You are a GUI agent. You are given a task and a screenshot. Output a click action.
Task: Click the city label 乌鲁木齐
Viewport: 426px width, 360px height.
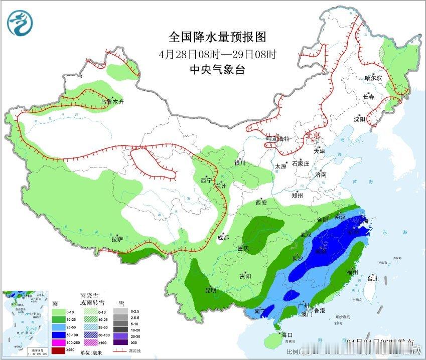(x=111, y=101)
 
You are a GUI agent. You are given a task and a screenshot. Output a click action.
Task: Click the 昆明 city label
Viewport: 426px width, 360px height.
(x=210, y=290)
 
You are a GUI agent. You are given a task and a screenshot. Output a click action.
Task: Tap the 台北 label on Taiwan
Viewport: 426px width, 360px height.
(x=372, y=279)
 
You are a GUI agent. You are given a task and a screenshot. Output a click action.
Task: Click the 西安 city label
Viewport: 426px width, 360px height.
(x=261, y=203)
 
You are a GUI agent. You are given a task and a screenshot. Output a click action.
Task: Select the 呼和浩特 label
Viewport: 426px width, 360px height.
(x=278, y=139)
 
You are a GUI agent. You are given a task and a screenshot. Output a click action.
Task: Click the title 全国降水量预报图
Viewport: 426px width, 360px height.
(x=217, y=37)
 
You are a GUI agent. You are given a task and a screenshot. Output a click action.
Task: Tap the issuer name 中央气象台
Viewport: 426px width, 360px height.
(x=217, y=70)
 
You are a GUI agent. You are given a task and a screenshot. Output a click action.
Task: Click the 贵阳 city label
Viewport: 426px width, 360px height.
(x=245, y=276)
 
